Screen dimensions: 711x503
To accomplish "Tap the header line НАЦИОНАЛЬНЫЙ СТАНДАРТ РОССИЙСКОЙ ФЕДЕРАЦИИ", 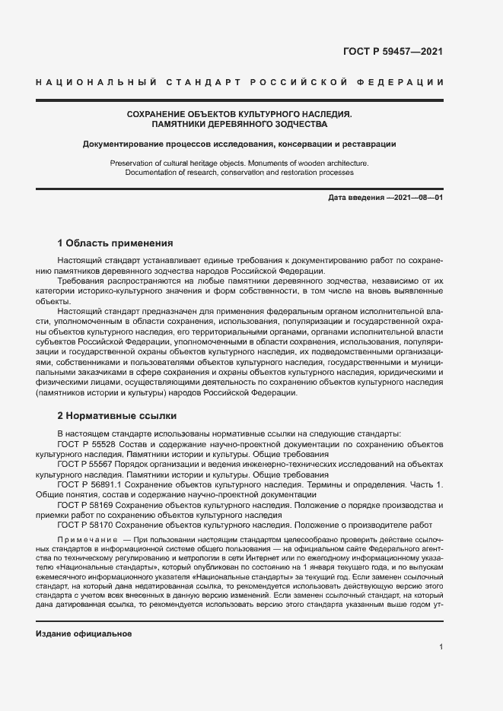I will [240, 81].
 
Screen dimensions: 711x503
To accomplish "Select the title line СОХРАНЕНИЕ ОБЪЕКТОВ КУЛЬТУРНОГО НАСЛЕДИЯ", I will [240, 113].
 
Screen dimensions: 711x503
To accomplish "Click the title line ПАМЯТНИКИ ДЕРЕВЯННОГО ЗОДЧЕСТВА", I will [240, 123].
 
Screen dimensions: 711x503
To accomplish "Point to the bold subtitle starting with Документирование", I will [240, 143].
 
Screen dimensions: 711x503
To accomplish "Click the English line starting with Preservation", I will [240, 163].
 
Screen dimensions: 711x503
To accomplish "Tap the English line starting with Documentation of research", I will [240, 173].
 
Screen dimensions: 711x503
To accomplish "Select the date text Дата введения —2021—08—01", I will [386, 198].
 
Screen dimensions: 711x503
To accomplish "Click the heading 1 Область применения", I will [116, 243].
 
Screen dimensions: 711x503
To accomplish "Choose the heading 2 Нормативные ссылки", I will [117, 416].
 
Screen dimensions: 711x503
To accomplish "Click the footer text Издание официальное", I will [84, 633].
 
